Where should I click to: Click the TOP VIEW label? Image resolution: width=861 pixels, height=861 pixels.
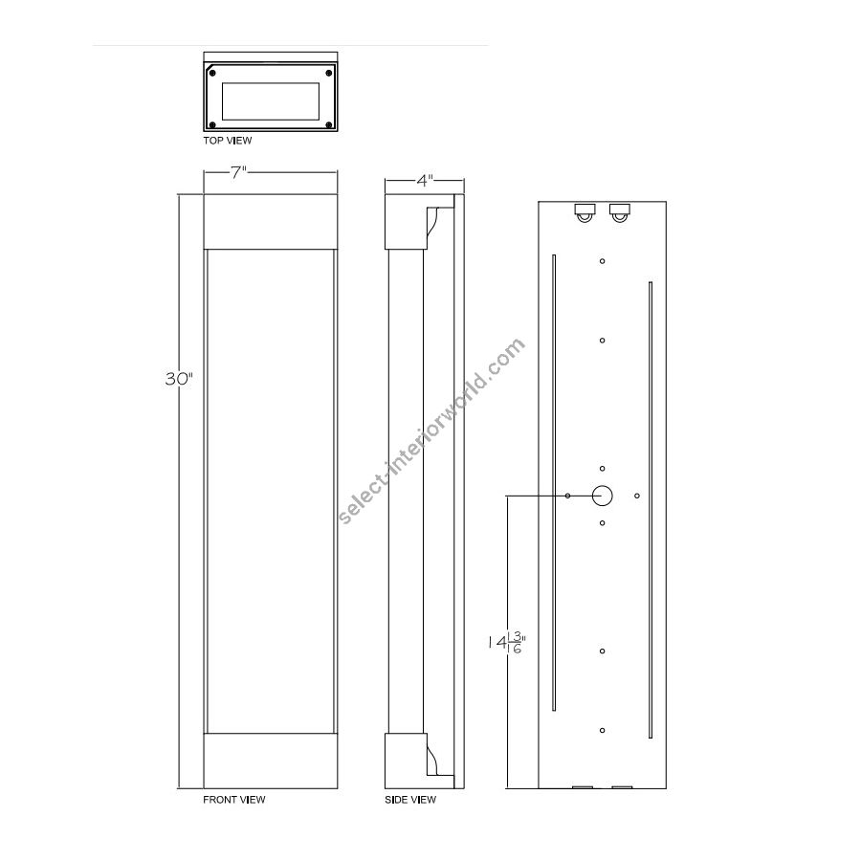(228, 141)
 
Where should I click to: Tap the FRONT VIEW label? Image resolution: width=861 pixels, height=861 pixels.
(234, 800)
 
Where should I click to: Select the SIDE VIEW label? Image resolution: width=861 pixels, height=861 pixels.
(410, 800)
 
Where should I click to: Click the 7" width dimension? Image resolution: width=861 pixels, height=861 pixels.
(239, 172)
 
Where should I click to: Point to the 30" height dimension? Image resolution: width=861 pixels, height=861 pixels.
(180, 379)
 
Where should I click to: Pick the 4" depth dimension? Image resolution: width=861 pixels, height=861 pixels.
(425, 180)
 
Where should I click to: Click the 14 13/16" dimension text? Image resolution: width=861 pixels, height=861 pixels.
(507, 642)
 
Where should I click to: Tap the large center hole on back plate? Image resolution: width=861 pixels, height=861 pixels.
(603, 496)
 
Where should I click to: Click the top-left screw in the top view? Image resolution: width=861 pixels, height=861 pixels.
(212, 73)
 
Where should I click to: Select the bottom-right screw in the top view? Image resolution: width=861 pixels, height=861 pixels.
(329, 125)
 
